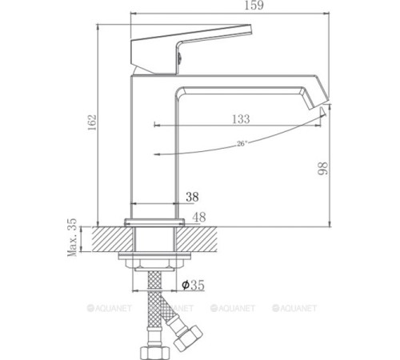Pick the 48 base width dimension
click(x=200, y=216)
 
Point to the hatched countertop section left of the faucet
click(x=108, y=238)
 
